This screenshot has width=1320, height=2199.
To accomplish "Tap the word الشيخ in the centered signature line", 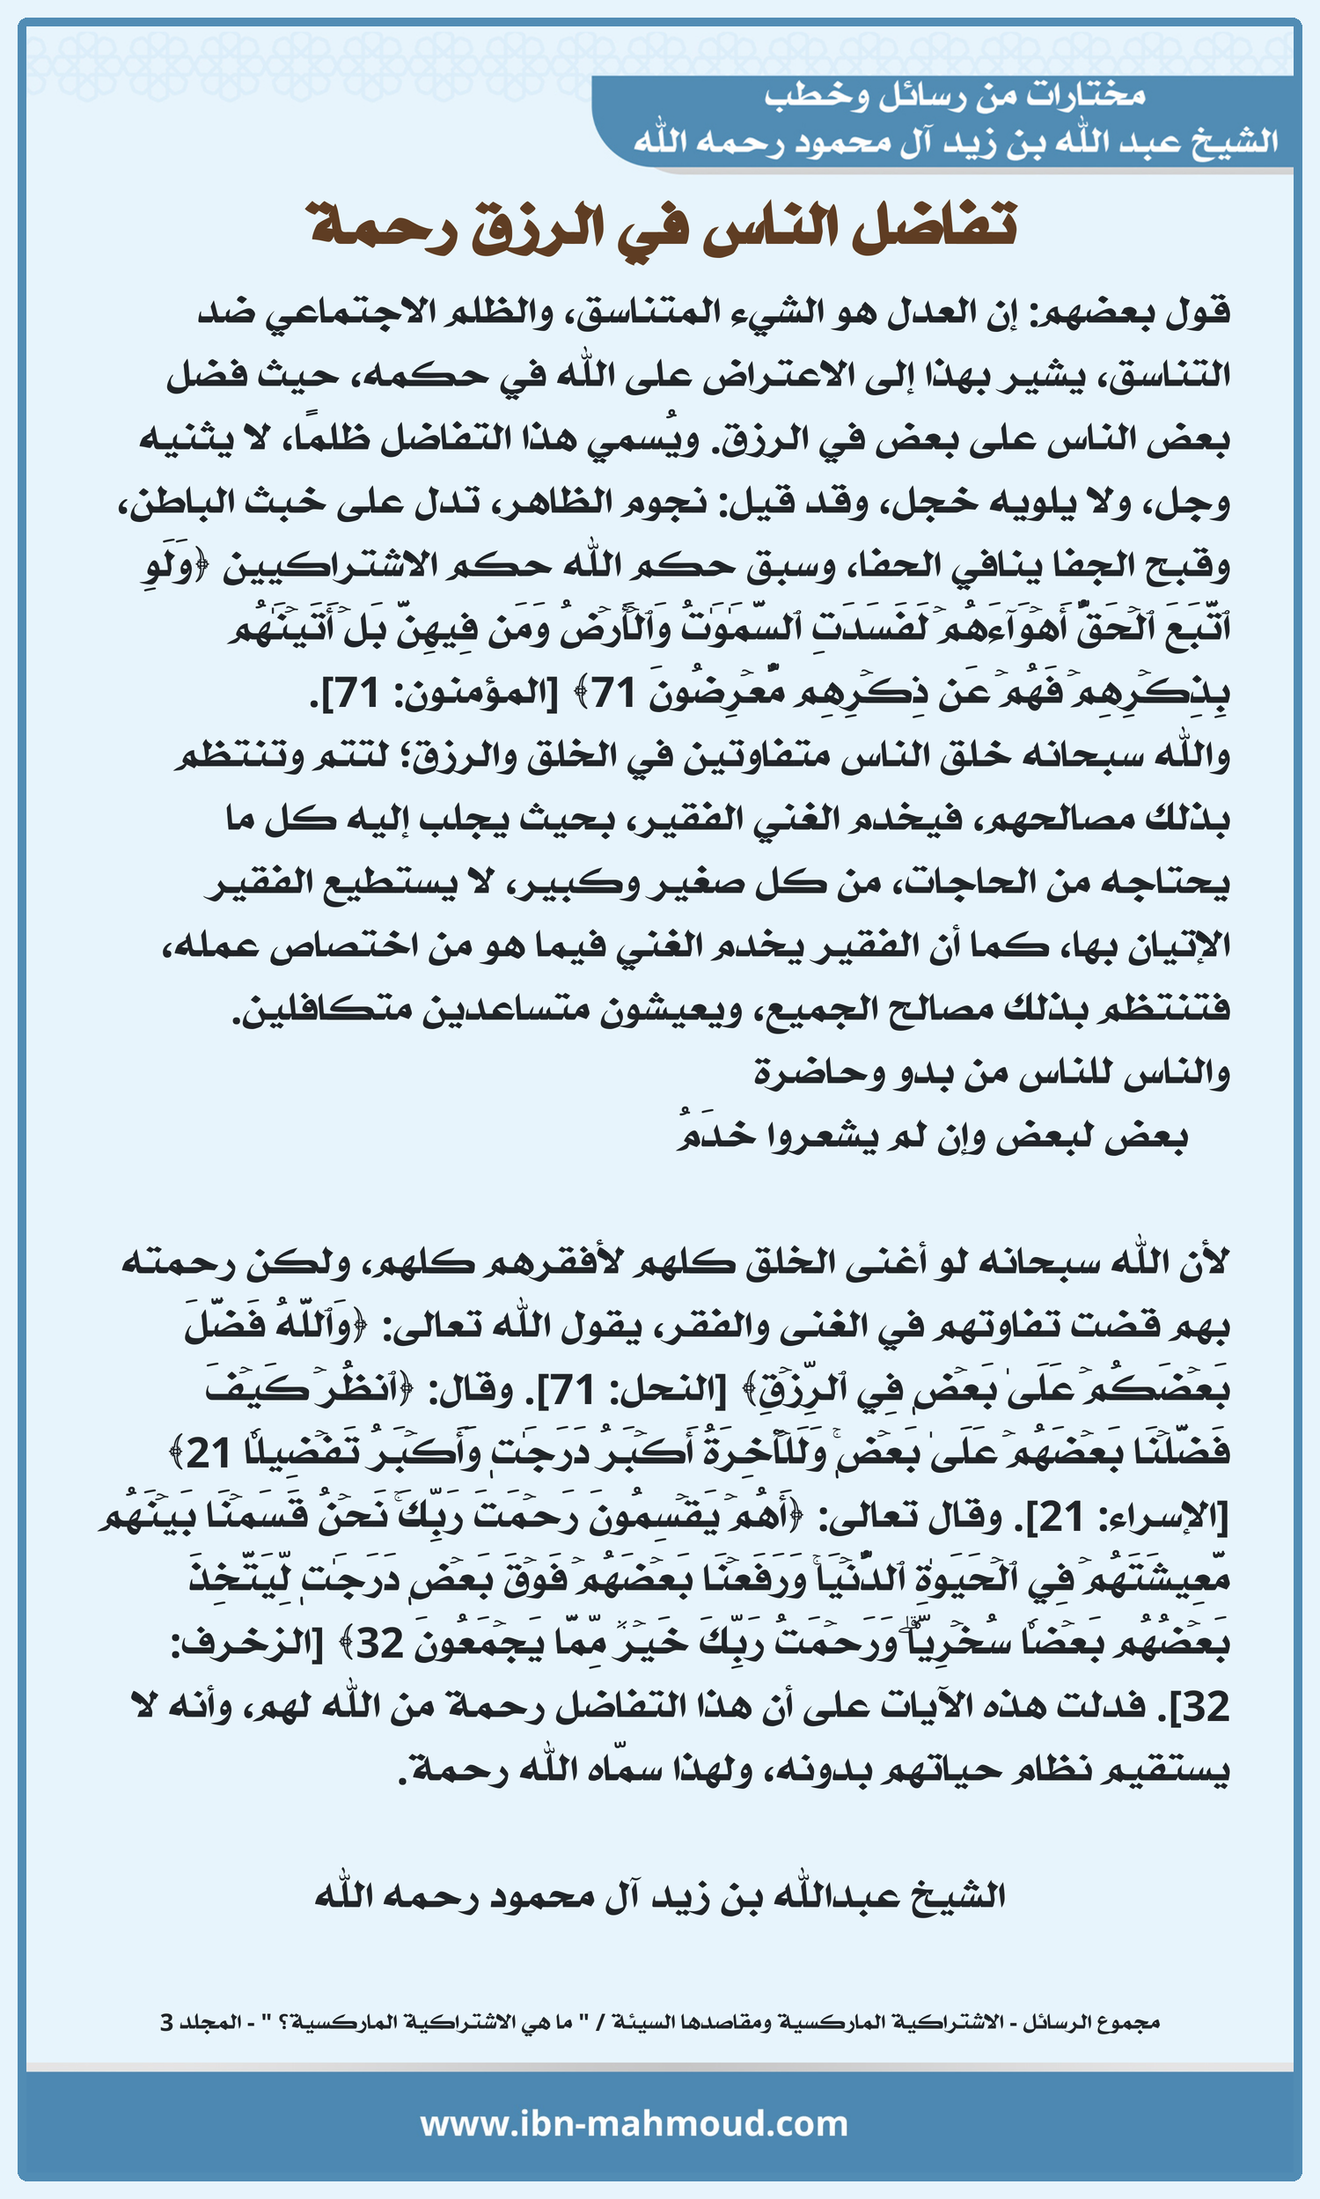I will (957, 1894).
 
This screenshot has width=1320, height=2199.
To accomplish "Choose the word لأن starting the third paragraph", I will (1205, 1261).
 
